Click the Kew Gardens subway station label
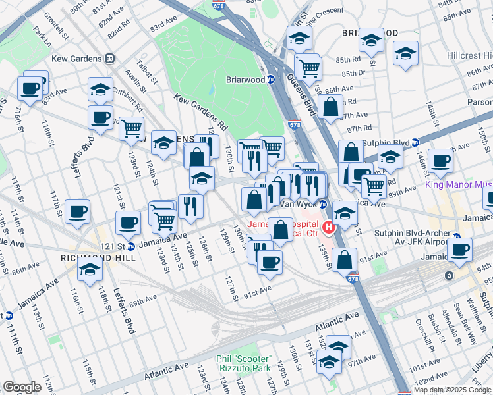tap(82, 58)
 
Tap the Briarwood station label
tap(244, 80)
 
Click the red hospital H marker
tap(328, 232)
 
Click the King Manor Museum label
tap(458, 185)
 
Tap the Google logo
tap(22, 387)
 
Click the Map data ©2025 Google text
tap(452, 390)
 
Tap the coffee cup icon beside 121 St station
tap(129, 223)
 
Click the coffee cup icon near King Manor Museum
tap(440, 160)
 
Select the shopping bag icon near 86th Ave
tap(330, 106)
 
